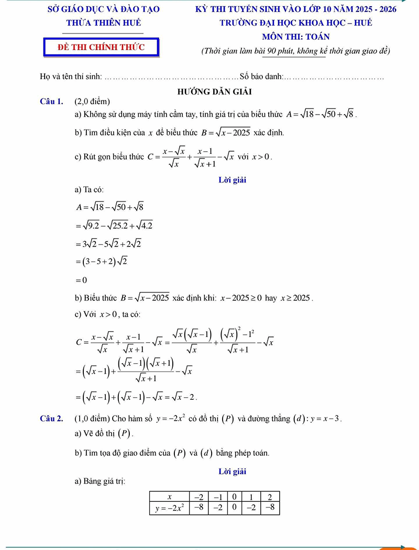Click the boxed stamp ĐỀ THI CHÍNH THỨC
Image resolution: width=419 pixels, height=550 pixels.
[x=101, y=47]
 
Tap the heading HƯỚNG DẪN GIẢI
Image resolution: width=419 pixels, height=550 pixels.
[x=214, y=91]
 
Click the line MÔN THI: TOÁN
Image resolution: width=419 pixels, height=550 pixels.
[x=296, y=37]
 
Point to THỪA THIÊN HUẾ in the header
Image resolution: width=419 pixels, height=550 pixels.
[x=104, y=23]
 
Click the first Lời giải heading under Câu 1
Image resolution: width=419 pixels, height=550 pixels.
[x=232, y=180]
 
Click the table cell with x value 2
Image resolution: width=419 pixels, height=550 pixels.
[x=270, y=497]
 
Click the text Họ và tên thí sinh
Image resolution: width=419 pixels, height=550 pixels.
[x=71, y=77]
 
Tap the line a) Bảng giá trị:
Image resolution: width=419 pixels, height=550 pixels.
[x=100, y=481]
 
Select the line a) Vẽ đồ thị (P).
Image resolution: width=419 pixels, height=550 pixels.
[x=104, y=433]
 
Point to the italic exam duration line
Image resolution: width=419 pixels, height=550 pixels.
[x=296, y=51]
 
